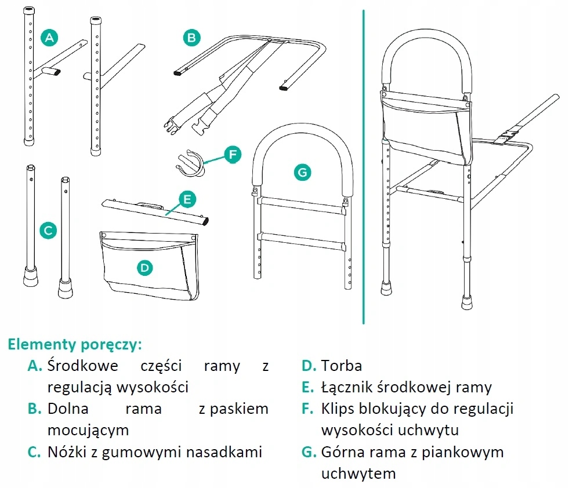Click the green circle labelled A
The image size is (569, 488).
[50, 38]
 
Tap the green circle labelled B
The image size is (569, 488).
[191, 38]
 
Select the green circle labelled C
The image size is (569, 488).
[49, 231]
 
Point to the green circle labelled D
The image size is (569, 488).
[145, 267]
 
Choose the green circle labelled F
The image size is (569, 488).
[232, 155]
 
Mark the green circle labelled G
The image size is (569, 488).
[303, 172]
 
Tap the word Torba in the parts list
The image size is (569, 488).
[342, 366]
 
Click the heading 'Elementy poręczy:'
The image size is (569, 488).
[75, 344]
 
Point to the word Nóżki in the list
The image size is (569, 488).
[69, 452]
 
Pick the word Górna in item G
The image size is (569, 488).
[342, 452]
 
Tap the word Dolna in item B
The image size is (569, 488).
[68, 409]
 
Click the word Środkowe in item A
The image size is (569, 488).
[83, 366]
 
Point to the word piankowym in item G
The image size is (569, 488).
[467, 452]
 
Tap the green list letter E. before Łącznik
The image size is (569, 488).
[307, 387]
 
